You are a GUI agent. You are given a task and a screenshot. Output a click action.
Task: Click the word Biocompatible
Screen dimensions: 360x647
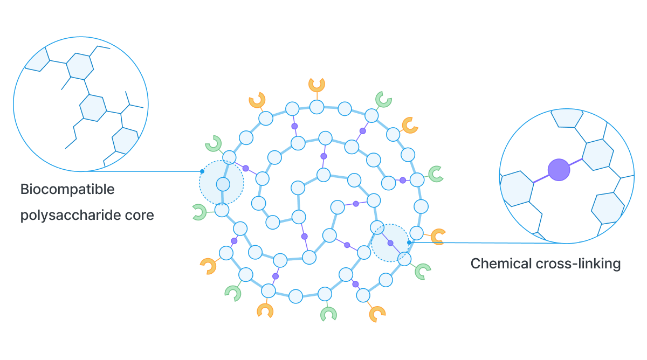coord(67,190)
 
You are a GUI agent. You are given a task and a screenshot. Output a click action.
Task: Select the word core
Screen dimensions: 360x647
coord(143,216)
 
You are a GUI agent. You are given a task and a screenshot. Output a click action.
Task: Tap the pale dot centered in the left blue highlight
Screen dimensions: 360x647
coord(223,184)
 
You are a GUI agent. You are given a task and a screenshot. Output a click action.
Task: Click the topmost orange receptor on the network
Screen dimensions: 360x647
coord(316,84)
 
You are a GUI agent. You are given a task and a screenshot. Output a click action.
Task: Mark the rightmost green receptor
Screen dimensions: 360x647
coord(435,173)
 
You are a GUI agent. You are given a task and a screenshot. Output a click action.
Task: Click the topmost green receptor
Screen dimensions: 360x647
coord(383,99)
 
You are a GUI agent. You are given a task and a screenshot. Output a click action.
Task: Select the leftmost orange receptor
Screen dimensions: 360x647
coord(208,266)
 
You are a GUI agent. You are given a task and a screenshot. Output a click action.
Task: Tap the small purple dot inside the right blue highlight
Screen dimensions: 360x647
coord(390,243)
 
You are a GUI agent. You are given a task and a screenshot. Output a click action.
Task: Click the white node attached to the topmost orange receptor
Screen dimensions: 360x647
coord(316,107)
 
